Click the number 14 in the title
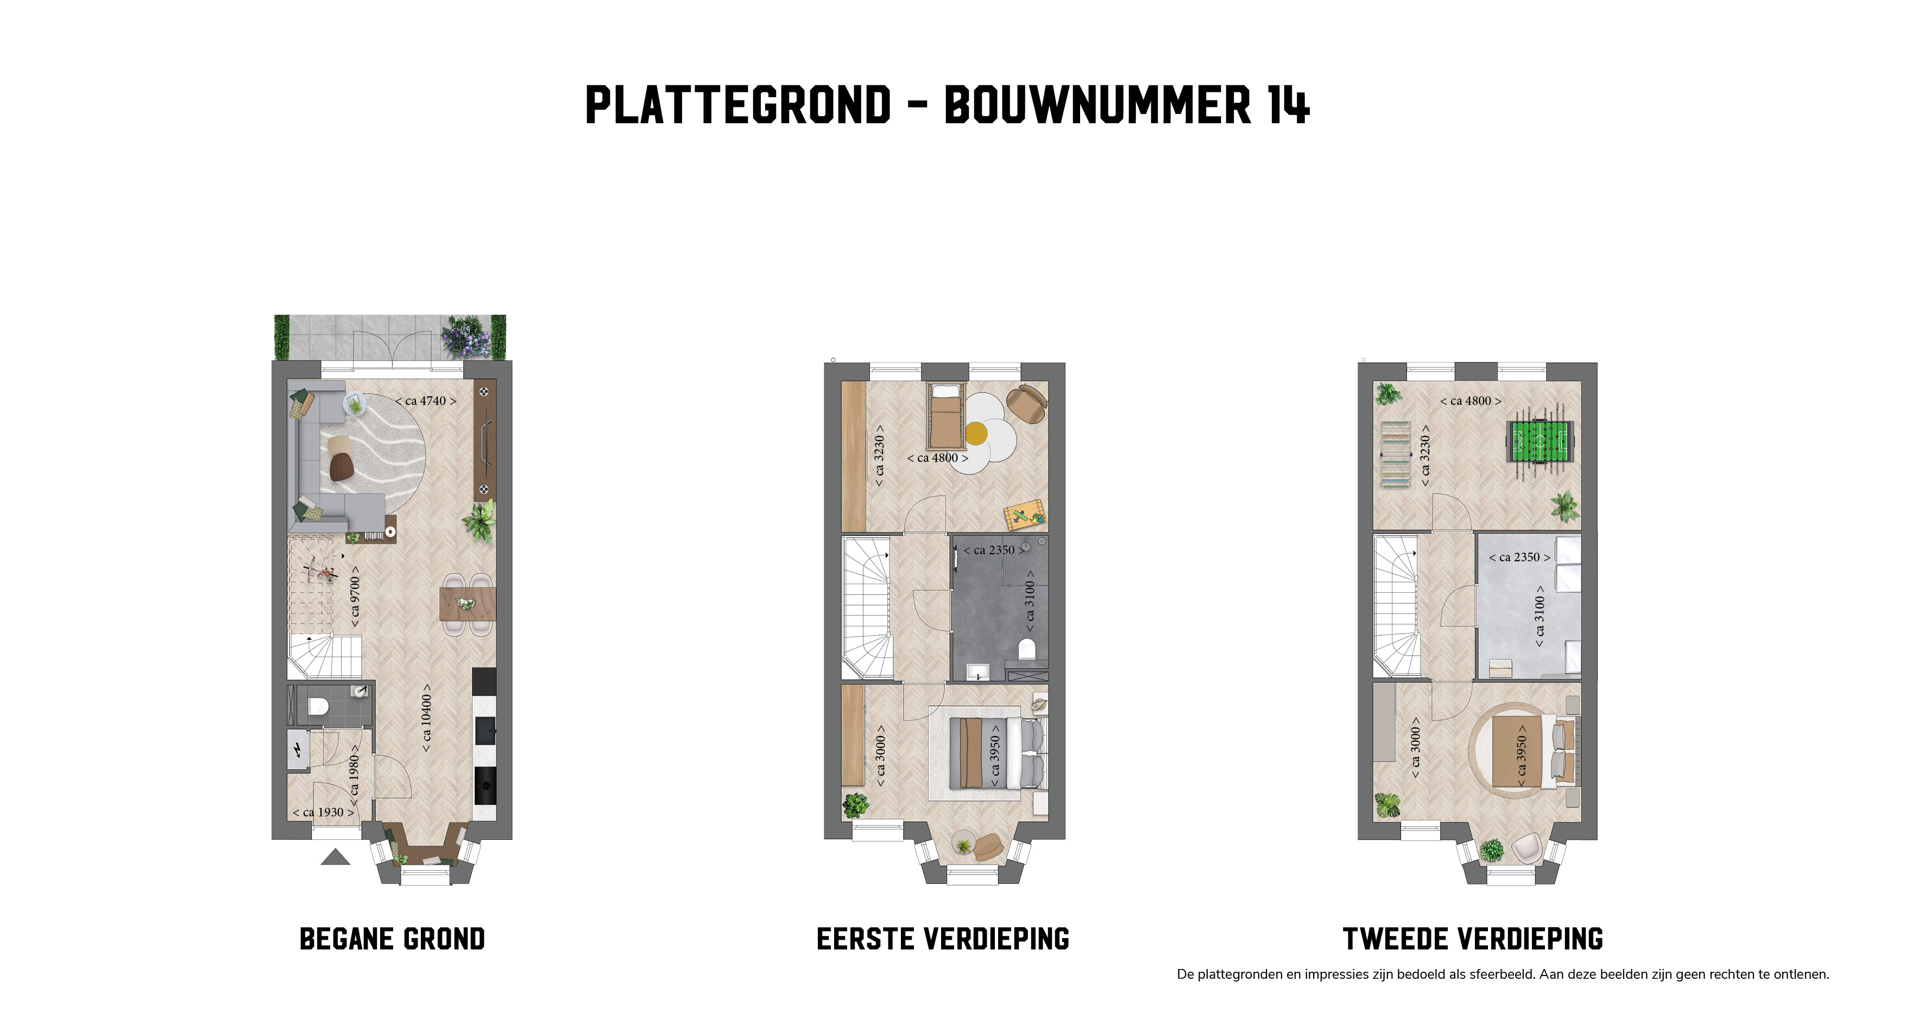pos(1288,105)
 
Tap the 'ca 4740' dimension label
pos(425,401)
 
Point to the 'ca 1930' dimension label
pos(323,812)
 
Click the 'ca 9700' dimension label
pos(355,597)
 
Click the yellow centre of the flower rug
pos(976,433)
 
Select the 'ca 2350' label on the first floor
pos(994,550)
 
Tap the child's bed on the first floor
pos(947,416)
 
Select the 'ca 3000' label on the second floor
pos(1415,748)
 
